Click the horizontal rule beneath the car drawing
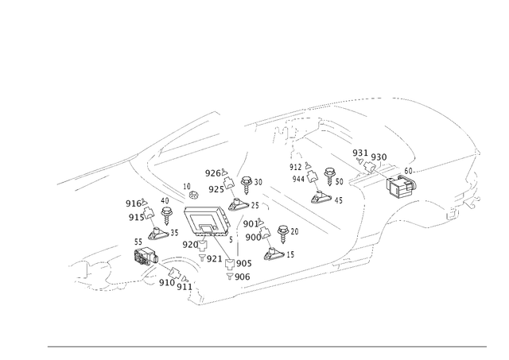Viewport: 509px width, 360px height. [266, 346]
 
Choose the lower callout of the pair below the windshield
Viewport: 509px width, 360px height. [213, 188]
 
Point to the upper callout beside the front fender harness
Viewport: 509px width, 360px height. [133, 202]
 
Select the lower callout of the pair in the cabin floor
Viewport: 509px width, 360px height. [253, 236]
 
